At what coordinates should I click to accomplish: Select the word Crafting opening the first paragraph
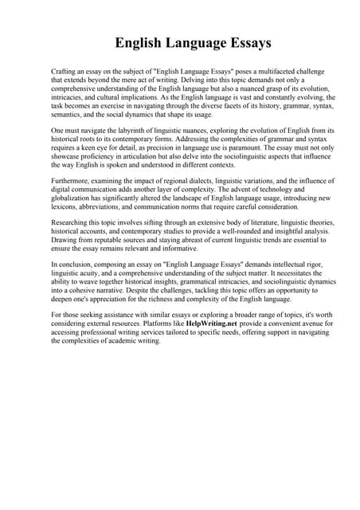[x=65, y=72]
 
